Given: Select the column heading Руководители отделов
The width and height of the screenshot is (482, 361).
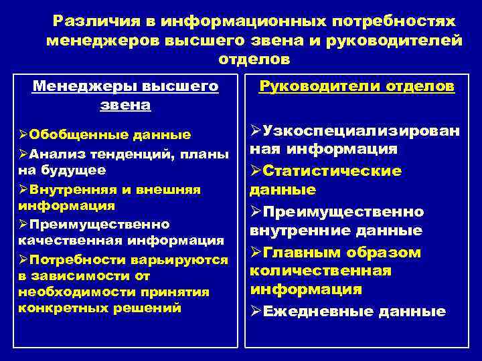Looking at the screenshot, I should coord(357,87).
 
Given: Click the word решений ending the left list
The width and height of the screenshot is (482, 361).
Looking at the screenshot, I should coord(153,308).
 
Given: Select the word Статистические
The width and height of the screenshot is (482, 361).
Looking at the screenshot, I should coord(333,172).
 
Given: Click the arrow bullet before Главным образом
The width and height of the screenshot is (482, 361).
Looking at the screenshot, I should coord(256,253).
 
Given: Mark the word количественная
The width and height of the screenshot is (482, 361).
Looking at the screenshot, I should coord(321,271).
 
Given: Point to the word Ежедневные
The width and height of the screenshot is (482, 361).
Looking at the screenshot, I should coord(317,312).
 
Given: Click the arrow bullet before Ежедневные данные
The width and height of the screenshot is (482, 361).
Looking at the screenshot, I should coord(256,312).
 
